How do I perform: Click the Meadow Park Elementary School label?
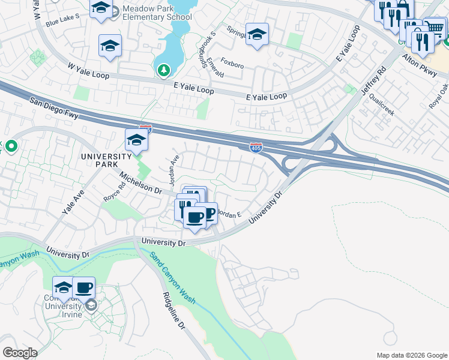coord(156,13)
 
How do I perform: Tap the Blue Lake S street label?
coord(62,21)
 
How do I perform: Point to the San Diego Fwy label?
coord(54,104)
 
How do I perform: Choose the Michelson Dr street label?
coord(141,183)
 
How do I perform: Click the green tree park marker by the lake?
coord(163,71)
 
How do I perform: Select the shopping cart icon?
coord(435,28)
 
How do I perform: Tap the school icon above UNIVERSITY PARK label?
coord(136,140)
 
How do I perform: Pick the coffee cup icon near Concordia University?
coord(84,287)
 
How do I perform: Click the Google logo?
coord(20,353)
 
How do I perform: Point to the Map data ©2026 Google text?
coord(411,355)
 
